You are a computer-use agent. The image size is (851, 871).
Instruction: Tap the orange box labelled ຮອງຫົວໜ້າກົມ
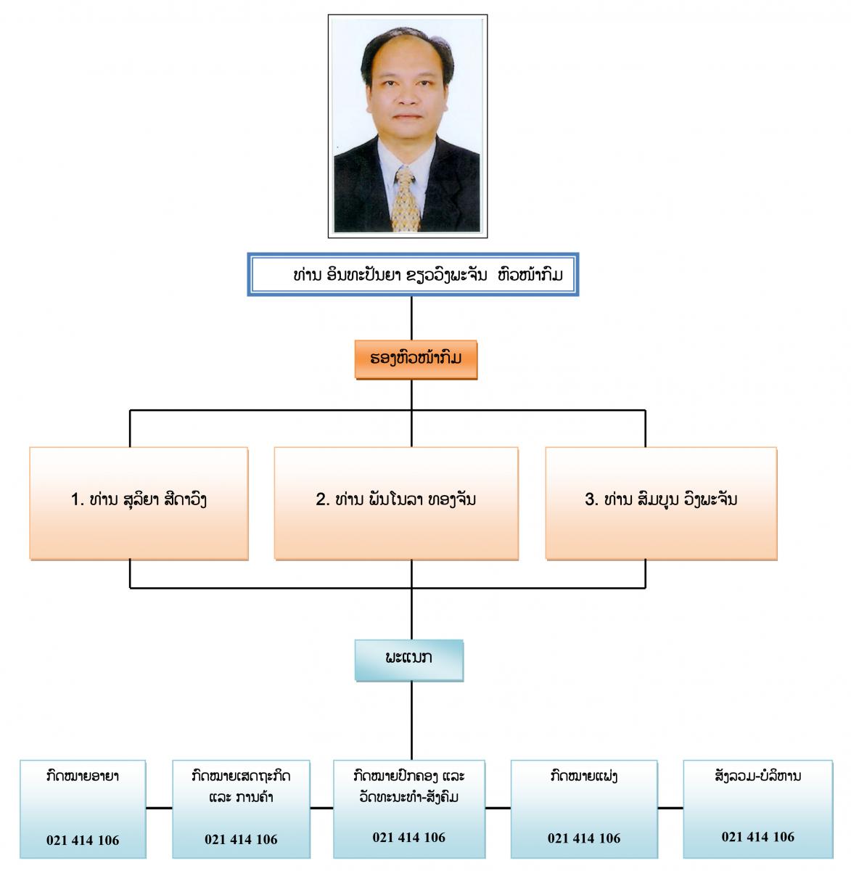tap(416, 359)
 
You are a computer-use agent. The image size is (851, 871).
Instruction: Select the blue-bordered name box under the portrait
tap(413, 274)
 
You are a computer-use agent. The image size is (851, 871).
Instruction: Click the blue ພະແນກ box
tap(409, 661)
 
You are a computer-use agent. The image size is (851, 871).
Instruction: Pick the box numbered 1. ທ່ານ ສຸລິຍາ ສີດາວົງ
tap(139, 503)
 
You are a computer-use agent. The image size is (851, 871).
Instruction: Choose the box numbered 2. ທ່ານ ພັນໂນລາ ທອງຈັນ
tap(396, 503)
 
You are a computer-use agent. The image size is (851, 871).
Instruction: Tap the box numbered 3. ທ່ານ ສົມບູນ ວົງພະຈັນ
tap(662, 503)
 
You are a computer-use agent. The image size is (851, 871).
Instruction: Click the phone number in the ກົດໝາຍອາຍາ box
tap(83, 840)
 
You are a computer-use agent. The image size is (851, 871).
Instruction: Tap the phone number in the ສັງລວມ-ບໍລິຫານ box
tap(758, 837)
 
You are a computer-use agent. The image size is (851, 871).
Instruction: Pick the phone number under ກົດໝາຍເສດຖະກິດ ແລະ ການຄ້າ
tap(241, 839)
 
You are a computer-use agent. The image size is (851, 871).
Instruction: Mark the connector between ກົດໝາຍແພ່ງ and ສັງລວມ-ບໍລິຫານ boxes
tap(670, 808)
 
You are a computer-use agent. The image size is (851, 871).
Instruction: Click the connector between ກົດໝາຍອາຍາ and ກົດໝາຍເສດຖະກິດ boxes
tap(160, 808)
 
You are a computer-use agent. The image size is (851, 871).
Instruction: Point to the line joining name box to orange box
tap(411, 318)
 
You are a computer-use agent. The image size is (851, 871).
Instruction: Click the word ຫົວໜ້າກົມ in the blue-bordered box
tap(530, 274)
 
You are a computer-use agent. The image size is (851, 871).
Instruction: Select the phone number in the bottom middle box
tap(409, 838)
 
